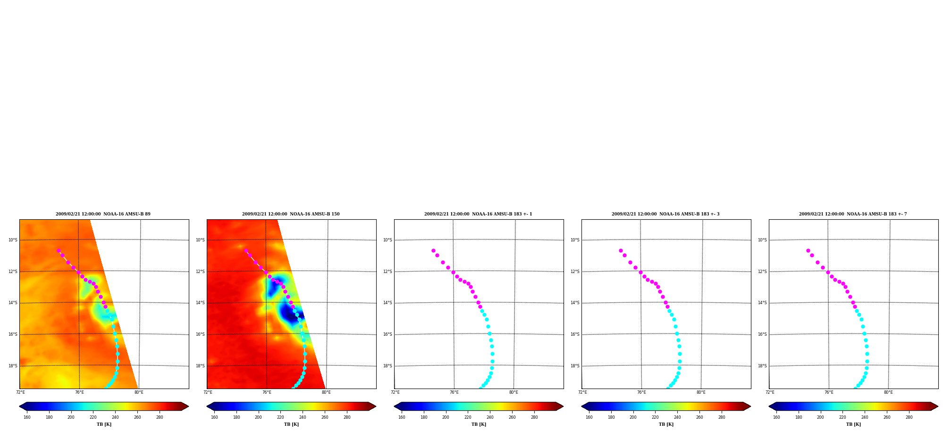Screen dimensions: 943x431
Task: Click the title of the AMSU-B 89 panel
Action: pos(103,214)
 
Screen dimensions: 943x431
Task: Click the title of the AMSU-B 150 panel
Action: pos(291,214)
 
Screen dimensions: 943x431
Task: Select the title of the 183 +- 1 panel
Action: pos(478,214)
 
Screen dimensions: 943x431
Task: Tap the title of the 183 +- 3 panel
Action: pos(665,214)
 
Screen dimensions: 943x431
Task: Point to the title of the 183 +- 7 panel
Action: pos(853,214)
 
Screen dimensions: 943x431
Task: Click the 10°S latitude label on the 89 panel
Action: pos(13,240)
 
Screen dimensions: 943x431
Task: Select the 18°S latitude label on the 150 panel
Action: pos(200,366)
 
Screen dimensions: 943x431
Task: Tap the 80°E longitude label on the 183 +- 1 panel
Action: pos(514,392)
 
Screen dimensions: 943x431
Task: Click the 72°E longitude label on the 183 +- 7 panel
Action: pos(770,392)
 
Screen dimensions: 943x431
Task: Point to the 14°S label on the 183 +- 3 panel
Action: pos(575,303)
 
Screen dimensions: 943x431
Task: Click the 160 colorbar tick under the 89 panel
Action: pos(27,417)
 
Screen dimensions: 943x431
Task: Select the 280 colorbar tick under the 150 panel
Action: pos(347,417)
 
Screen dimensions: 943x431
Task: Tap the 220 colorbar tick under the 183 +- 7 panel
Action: pos(842,417)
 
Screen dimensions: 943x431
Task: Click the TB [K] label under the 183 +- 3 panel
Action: pos(666,424)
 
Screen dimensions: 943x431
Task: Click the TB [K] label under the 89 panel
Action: pos(104,424)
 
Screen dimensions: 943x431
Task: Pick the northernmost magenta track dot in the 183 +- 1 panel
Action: pos(433,250)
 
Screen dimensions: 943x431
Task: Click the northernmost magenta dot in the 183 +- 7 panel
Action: pos(808,250)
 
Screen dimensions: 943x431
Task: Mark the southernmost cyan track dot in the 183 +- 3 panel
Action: pos(667,388)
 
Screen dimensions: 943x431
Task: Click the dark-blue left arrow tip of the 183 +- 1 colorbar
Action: pos(394,406)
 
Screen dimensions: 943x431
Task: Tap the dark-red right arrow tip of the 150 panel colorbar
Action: pos(376,406)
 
